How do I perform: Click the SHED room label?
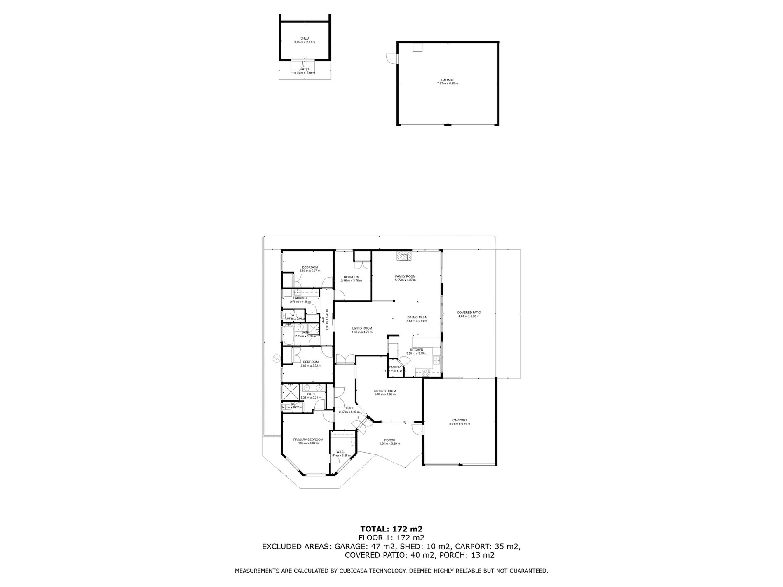point(305,38)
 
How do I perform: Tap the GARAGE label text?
point(447,80)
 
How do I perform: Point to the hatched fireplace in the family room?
point(404,257)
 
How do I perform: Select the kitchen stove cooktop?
point(425,372)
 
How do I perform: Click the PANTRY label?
point(394,367)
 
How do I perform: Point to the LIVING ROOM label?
point(362,328)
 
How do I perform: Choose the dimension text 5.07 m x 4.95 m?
point(385,395)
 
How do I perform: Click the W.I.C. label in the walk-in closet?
point(340,451)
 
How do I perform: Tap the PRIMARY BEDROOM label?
point(308,440)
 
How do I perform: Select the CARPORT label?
point(459,420)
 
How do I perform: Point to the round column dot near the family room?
point(394,301)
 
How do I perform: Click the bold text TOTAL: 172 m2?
point(391,529)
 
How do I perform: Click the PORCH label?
point(389,440)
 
